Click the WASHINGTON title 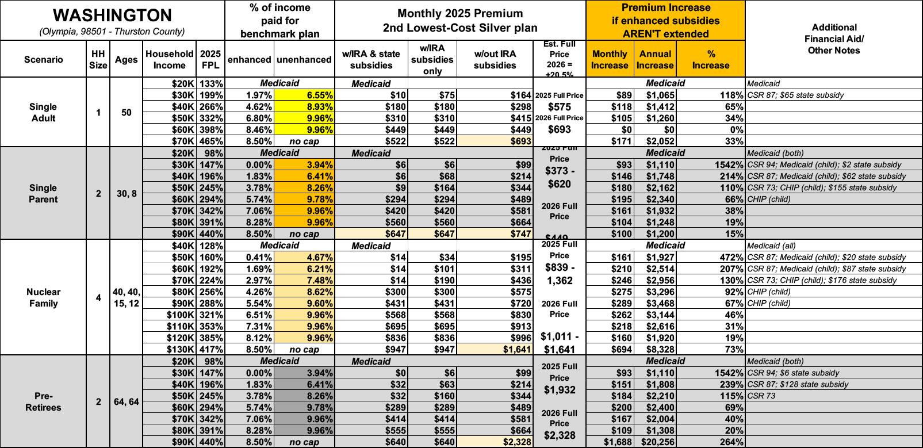112,16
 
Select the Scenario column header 44,59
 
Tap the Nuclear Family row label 44,297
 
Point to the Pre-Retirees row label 44,401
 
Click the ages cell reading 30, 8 126,194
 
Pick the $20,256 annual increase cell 655,442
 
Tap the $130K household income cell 181,349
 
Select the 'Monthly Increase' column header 610,59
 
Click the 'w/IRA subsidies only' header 432,59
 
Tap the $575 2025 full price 560,107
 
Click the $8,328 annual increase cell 655,349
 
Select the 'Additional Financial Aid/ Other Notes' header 834,39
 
